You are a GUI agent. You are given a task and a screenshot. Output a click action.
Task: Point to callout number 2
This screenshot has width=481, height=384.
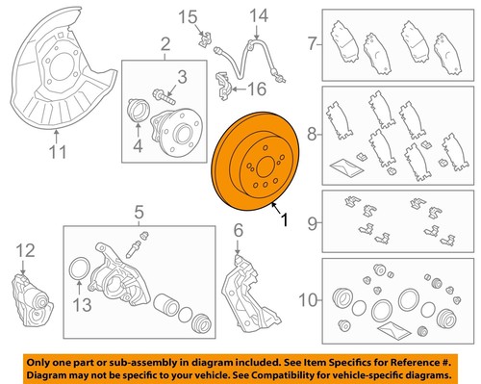tap(165, 43)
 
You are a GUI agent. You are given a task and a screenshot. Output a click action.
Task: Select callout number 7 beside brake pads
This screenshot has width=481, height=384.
tap(311, 43)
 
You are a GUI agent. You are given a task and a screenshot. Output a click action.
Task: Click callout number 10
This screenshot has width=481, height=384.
tap(308, 299)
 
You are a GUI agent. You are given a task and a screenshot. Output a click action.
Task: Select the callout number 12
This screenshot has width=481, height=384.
tap(25, 251)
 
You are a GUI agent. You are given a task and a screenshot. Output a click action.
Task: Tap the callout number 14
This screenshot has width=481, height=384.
tap(255, 15)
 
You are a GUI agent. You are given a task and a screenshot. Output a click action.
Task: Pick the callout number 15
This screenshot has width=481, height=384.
tap(189, 15)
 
